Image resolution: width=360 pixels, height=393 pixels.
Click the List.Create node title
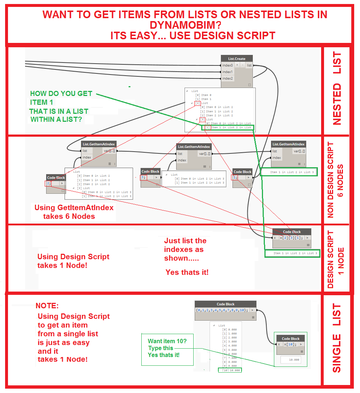(x=236, y=59)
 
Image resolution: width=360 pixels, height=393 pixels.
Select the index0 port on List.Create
(x=227, y=65)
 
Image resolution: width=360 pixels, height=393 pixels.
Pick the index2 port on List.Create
(x=227, y=79)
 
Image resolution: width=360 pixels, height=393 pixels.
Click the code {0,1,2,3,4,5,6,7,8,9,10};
(x=222, y=310)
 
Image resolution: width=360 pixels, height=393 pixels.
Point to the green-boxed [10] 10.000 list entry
(x=229, y=370)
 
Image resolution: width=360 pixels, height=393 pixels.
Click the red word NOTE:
(x=47, y=305)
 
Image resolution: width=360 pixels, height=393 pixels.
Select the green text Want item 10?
(x=167, y=341)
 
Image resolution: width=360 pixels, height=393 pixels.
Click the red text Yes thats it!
(x=187, y=272)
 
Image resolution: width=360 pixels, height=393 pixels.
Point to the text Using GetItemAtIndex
(x=74, y=208)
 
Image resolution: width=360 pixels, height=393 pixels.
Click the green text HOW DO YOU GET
(x=61, y=93)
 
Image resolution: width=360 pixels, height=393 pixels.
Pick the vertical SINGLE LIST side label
(x=337, y=338)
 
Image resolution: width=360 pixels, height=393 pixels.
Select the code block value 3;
(x=143, y=177)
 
